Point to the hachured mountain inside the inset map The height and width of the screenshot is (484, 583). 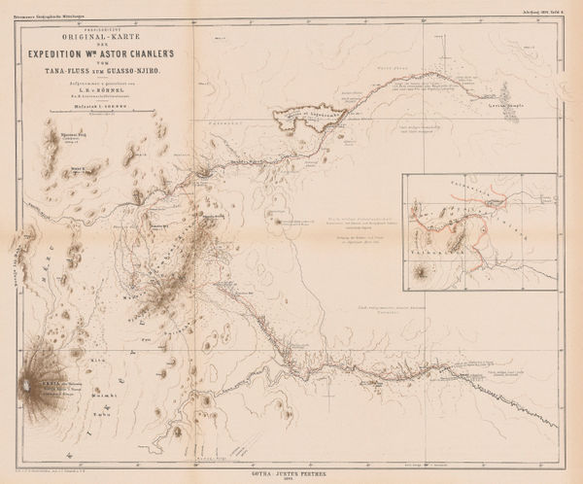click(x=420, y=273)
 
